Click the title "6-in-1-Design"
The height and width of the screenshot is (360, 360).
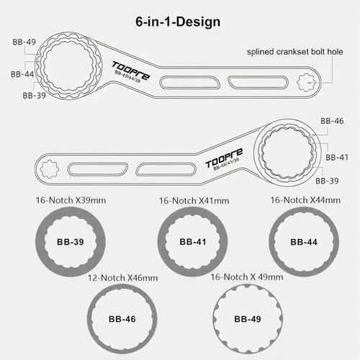coord(178,22)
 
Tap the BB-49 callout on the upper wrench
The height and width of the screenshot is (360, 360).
coord(24,42)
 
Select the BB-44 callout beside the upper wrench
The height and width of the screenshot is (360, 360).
coord(22,74)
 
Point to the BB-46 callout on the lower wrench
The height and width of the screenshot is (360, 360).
coord(332,121)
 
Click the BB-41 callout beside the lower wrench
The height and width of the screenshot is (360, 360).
coord(337,158)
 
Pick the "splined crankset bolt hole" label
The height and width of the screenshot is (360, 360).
coord(294,52)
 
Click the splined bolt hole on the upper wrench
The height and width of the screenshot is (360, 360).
coord(305,83)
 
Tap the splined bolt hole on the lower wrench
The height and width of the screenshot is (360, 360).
coord(50,169)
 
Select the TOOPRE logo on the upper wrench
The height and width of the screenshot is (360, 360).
coord(131,71)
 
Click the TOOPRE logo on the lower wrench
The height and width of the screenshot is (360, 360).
coord(224,158)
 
